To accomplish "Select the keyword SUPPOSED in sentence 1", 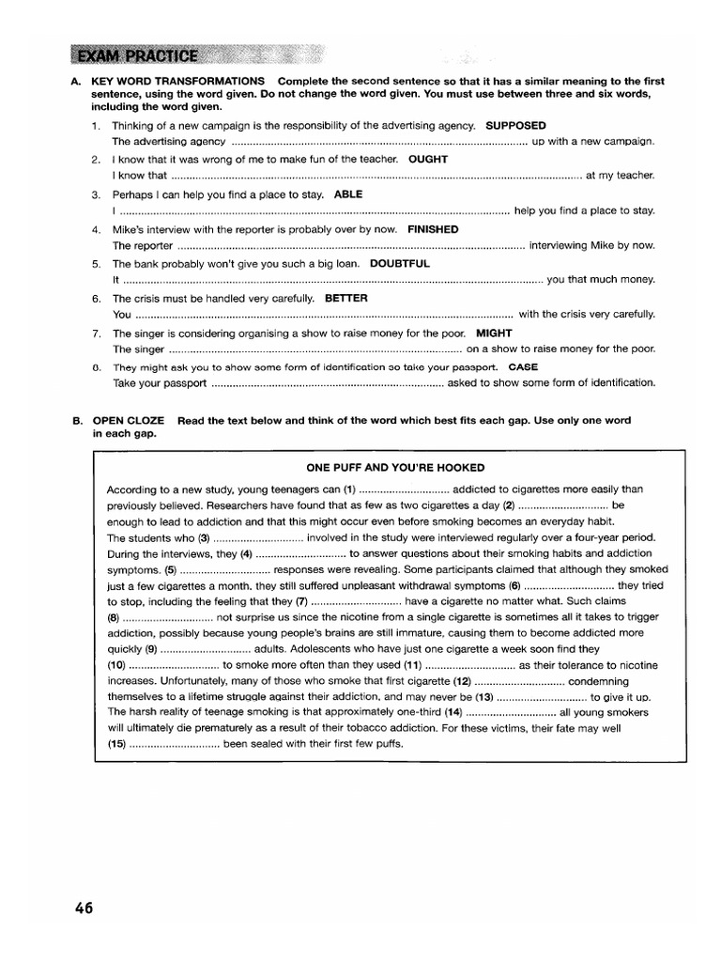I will [515, 125].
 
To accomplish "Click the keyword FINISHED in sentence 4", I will [433, 228].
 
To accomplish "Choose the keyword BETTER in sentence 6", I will [345, 298].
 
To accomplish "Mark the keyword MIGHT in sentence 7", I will [494, 333].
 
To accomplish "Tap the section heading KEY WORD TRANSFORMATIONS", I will [177, 79].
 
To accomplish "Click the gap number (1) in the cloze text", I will [350, 489].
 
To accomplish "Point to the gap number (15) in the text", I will [116, 743].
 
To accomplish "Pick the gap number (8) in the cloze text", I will [113, 616].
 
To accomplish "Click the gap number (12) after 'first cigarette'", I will [461, 680].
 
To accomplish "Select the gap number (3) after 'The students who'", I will [204, 538].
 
